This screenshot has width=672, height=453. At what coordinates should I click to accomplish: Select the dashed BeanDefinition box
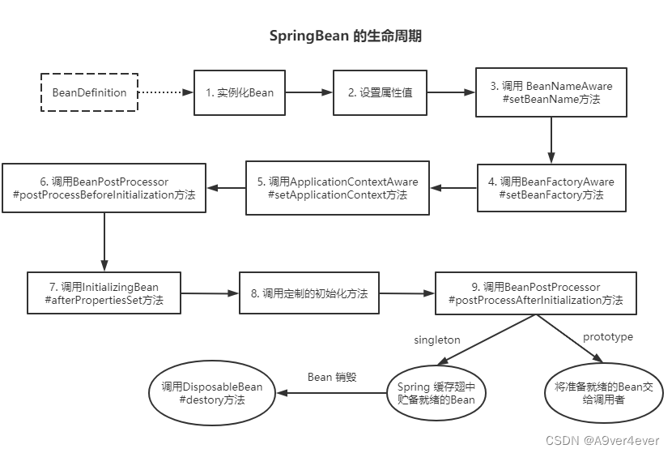[x=90, y=92]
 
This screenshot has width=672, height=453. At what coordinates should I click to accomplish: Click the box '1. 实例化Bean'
[x=240, y=92]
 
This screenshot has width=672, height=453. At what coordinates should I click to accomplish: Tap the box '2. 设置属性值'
[x=380, y=92]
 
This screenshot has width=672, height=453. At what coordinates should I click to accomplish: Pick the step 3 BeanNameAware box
[x=551, y=92]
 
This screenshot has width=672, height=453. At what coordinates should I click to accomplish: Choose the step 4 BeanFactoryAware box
[x=551, y=188]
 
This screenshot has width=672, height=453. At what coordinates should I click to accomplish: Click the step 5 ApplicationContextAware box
[x=338, y=188]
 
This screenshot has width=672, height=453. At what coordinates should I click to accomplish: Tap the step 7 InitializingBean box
[x=103, y=293]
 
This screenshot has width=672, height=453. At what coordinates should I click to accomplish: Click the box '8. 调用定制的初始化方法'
[x=309, y=293]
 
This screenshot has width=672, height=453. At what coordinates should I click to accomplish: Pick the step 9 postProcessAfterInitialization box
[x=535, y=293]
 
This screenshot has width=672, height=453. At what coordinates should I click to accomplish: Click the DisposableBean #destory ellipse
[x=212, y=393]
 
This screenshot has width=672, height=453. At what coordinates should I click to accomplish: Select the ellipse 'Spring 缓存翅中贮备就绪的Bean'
[x=436, y=393]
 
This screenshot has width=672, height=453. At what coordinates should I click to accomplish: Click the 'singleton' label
[x=437, y=340]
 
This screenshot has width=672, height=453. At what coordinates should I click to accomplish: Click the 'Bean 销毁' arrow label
[x=333, y=378]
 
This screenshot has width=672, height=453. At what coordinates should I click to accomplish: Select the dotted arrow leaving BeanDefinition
[x=165, y=92]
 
